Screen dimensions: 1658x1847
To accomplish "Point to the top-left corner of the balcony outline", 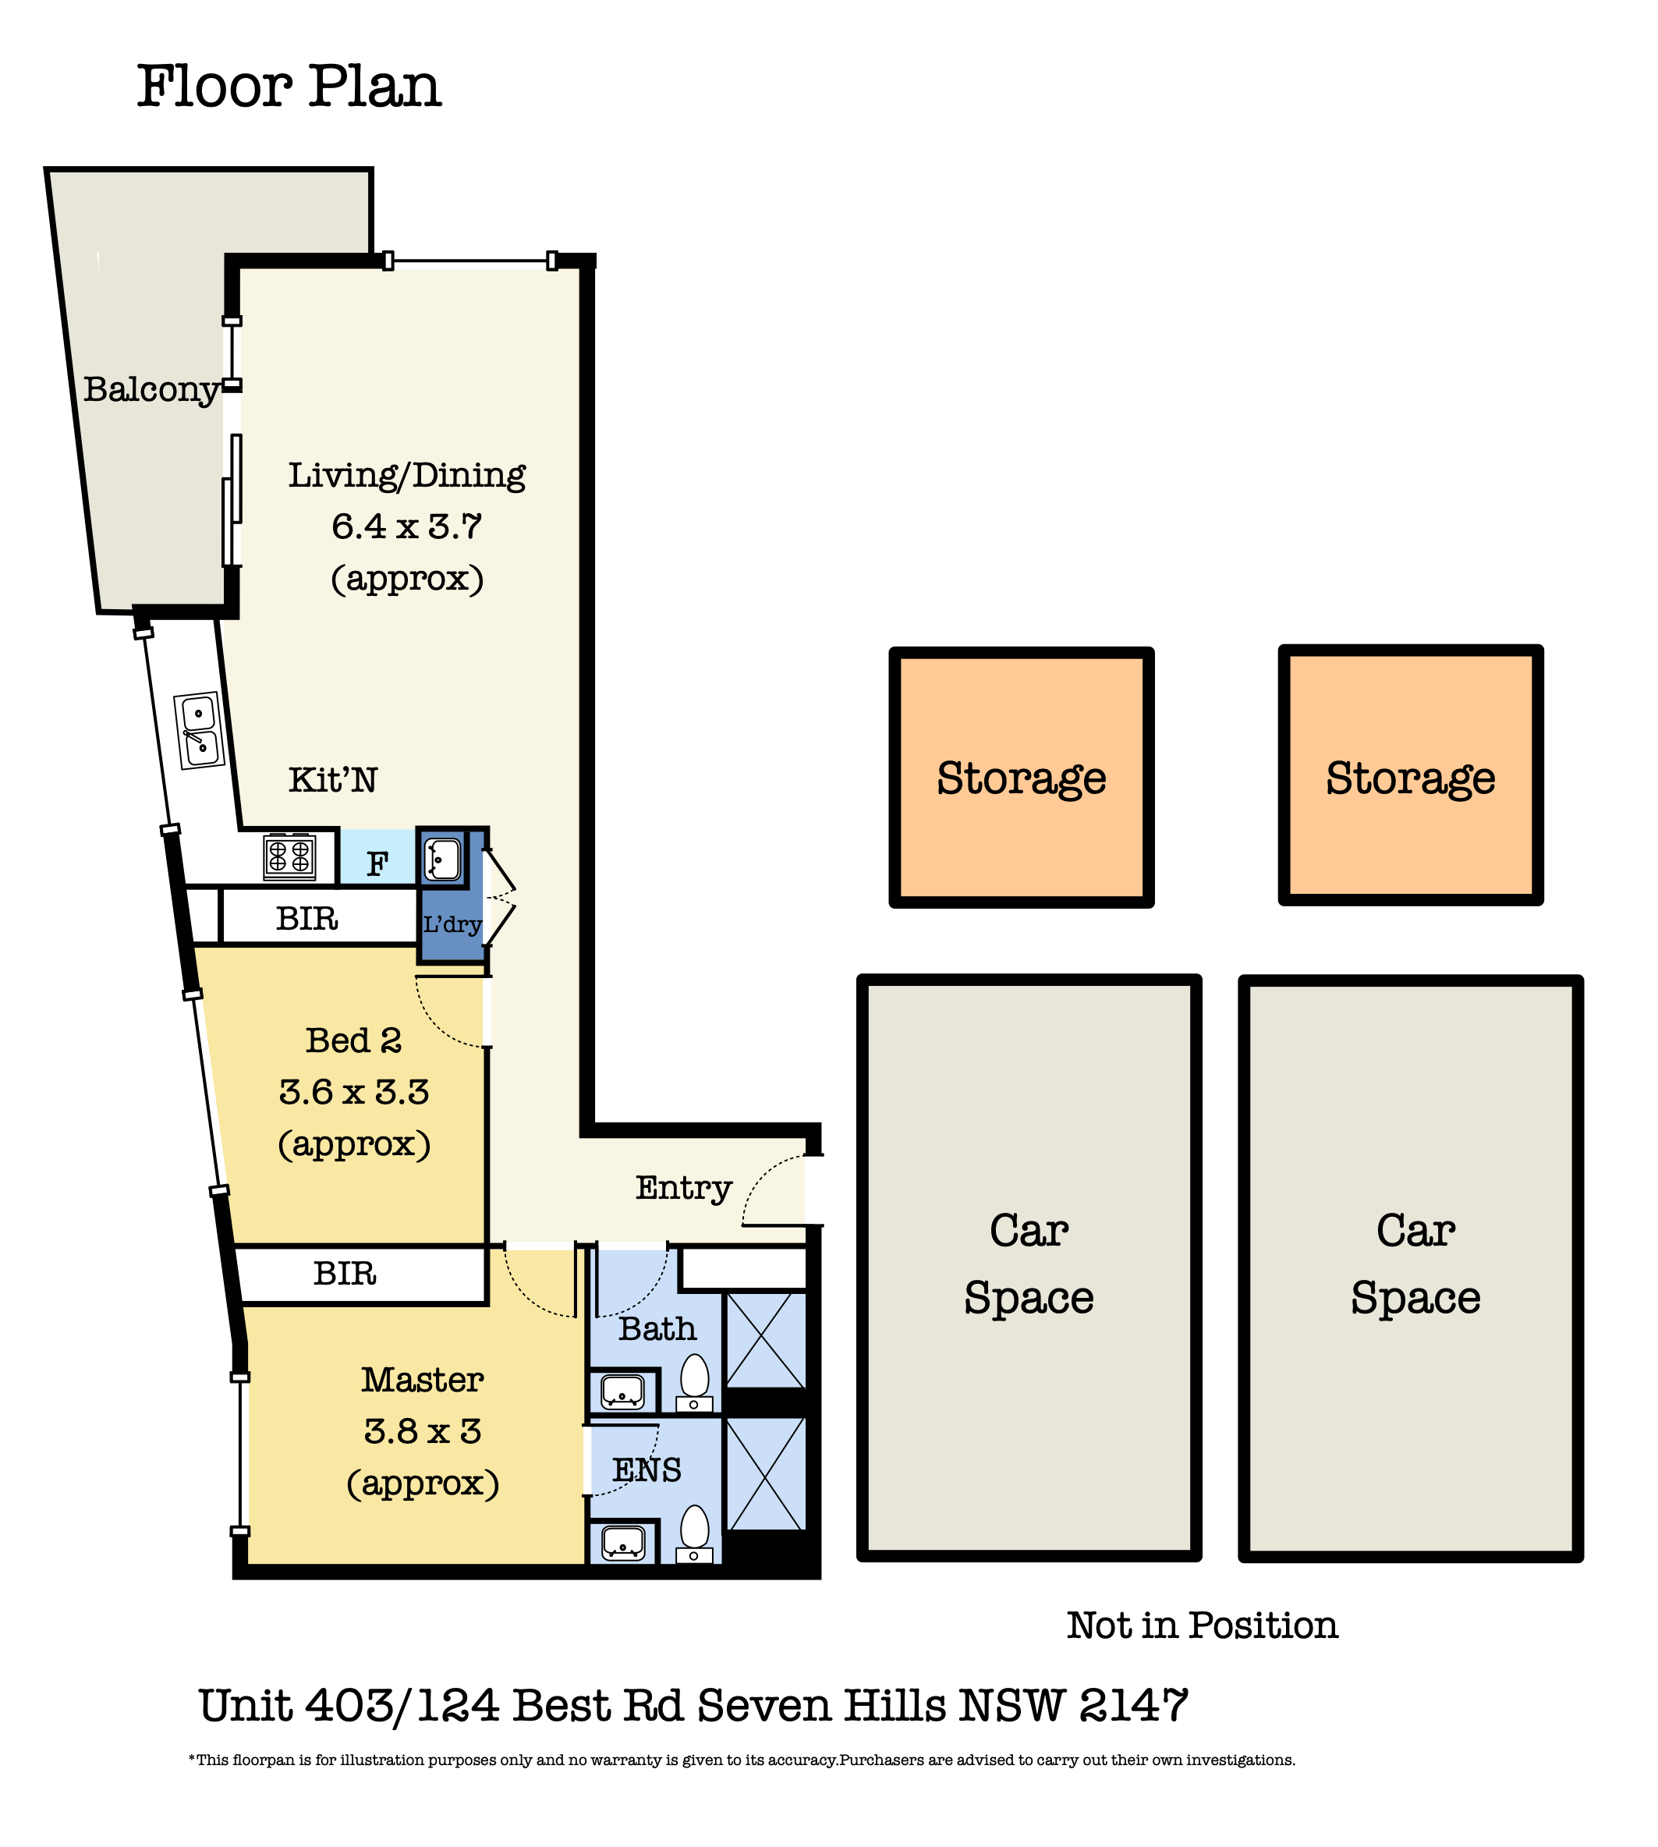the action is [x=45, y=168].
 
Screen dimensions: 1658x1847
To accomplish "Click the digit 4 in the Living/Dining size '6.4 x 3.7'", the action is [x=374, y=526].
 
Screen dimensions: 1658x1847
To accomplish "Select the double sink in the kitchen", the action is [x=199, y=731].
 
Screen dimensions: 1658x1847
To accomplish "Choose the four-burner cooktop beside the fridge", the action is [x=289, y=856].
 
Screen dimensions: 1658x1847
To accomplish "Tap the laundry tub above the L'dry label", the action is [x=443, y=857].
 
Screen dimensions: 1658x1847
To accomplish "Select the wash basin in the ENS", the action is [x=623, y=1544].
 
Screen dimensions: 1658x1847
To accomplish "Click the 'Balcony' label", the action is [x=151, y=390].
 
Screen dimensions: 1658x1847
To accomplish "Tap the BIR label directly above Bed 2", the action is [x=307, y=919].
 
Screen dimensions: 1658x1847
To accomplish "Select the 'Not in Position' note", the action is [x=1203, y=1625].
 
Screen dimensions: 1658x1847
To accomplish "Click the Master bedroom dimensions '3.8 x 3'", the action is [x=423, y=1431].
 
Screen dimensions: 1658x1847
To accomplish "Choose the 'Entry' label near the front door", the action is [x=683, y=1188].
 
